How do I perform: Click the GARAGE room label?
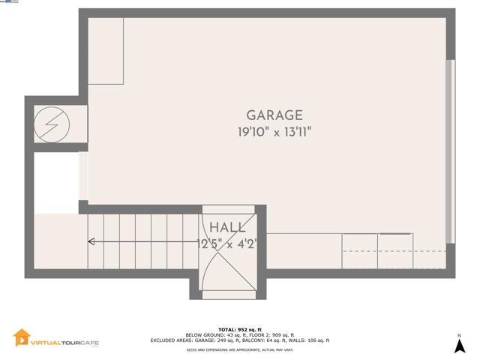(274, 115)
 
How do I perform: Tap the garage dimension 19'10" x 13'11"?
(274, 132)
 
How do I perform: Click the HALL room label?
(226, 227)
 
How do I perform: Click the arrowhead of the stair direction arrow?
(91, 241)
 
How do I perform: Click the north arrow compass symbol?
(459, 346)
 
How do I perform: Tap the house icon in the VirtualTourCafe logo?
(22, 338)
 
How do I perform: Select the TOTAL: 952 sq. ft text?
(240, 329)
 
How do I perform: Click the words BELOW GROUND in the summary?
(202, 334)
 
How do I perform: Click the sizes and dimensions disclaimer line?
(240, 350)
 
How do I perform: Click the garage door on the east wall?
(450, 150)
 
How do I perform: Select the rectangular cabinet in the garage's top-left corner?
(106, 51)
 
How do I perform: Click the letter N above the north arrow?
(459, 335)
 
